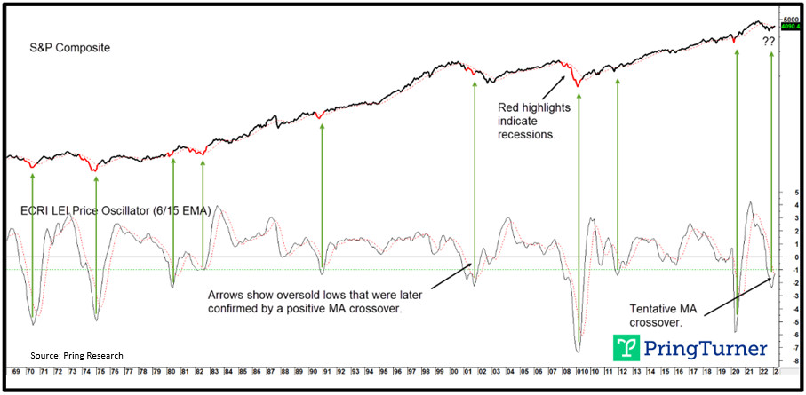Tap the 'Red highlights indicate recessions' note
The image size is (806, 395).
(x=526, y=121)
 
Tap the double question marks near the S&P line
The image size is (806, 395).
(x=769, y=41)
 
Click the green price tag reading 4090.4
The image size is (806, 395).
(x=791, y=28)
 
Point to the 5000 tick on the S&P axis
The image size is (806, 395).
(x=791, y=20)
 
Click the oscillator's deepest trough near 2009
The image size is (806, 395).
(x=579, y=349)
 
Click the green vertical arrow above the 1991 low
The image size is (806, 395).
(x=322, y=191)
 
